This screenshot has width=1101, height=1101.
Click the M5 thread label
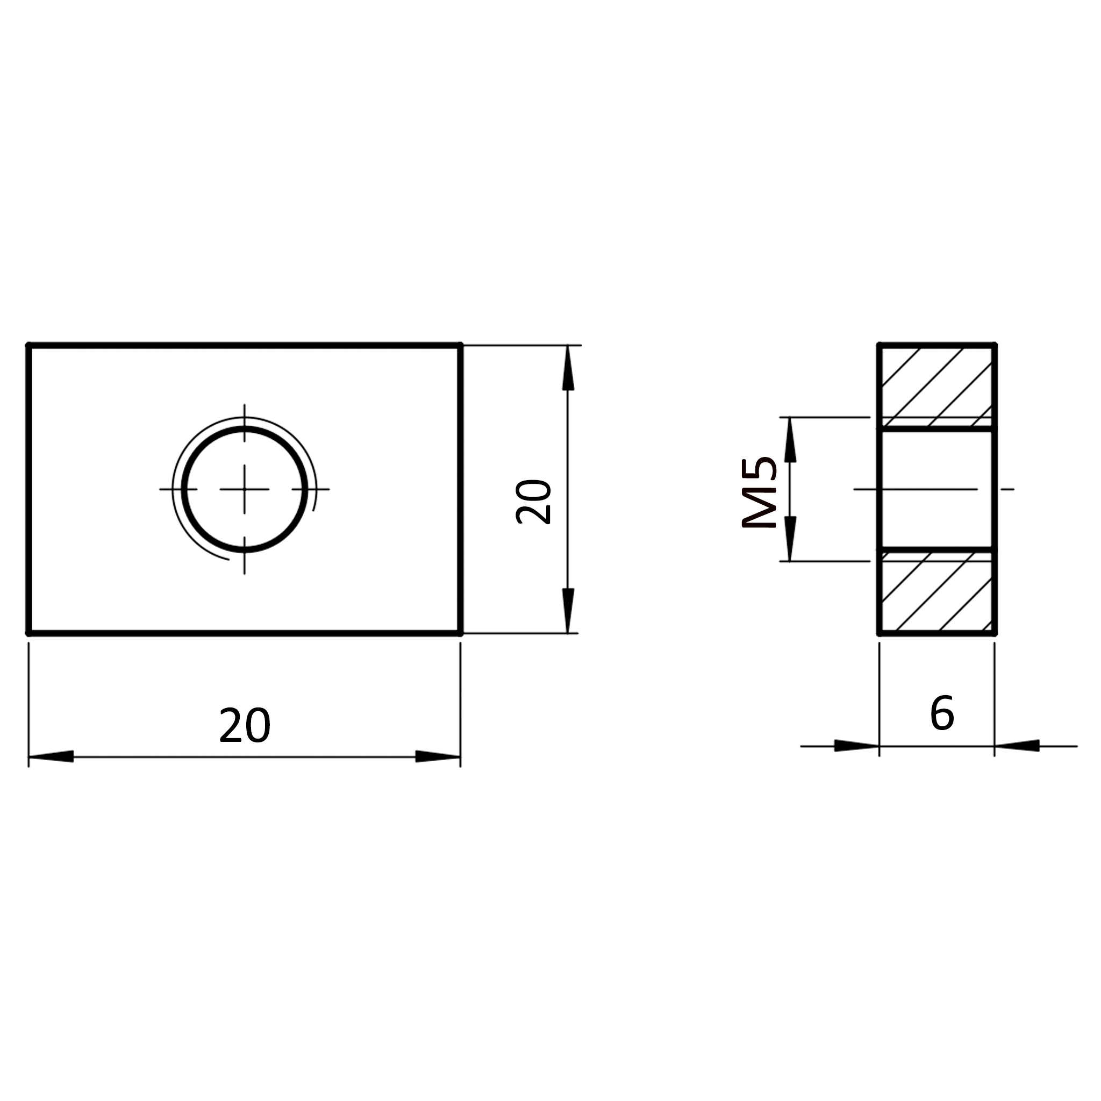[760, 493]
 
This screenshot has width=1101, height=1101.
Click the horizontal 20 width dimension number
[245, 725]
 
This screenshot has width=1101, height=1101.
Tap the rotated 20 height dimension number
[533, 502]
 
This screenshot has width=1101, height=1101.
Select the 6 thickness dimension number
[942, 713]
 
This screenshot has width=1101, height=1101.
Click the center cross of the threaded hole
[245, 489]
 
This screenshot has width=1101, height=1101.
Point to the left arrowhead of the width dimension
[51, 757]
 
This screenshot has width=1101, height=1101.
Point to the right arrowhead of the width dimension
[438, 757]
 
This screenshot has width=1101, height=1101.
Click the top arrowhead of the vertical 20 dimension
[568, 368]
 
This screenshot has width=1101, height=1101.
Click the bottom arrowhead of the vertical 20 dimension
[568, 610]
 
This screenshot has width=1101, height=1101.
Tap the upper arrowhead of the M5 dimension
[790, 439]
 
